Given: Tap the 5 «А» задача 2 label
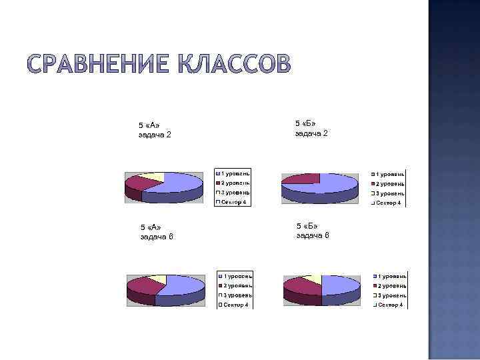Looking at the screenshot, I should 155,129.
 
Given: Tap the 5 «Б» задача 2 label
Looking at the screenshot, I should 311,129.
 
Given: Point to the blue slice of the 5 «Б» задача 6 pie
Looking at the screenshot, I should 340,285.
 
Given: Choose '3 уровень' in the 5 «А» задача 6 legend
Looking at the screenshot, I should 237,295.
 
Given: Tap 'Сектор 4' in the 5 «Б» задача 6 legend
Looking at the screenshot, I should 389,305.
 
